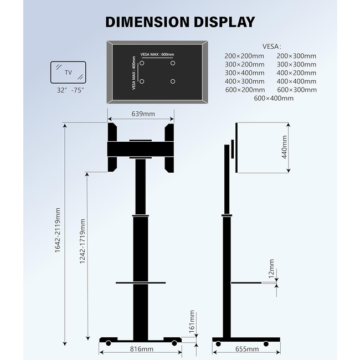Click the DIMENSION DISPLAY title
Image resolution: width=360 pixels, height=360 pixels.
click(x=180, y=22)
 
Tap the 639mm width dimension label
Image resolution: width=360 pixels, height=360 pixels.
click(x=142, y=114)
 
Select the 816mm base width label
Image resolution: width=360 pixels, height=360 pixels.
click(x=142, y=349)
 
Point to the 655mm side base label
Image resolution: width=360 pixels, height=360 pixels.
click(x=246, y=349)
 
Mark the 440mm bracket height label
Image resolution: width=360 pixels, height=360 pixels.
click(x=285, y=147)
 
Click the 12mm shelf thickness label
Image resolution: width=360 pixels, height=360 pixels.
click(x=271, y=269)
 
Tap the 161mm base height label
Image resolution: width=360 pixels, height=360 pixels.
click(x=192, y=321)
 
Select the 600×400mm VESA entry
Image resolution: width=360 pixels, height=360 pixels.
click(x=274, y=98)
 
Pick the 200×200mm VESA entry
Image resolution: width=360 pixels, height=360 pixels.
click(x=245, y=56)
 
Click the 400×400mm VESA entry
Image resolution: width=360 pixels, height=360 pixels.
click(x=296, y=81)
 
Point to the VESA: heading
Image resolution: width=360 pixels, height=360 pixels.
click(x=272, y=47)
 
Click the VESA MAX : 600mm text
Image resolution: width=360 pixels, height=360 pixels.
click(x=157, y=54)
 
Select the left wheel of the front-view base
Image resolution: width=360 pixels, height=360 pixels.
click(x=108, y=344)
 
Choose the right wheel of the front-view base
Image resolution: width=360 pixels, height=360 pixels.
click(x=174, y=344)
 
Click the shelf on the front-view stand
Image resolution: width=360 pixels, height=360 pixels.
click(x=141, y=283)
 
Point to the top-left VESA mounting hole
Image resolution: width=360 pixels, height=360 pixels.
click(x=142, y=63)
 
